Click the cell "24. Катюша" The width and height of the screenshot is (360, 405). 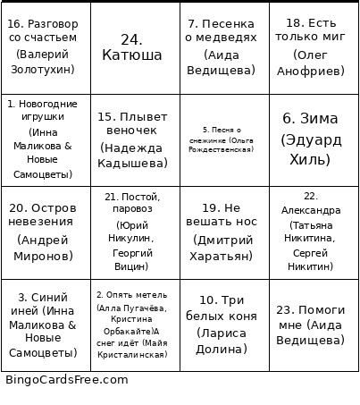click(135, 47)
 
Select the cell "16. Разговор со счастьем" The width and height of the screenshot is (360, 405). click(46, 47)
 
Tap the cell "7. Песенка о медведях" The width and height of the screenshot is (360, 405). click(224, 47)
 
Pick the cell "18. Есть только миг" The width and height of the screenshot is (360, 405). click(314, 47)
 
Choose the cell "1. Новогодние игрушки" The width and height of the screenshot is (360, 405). click(46, 139)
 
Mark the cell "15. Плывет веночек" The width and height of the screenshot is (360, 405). click(135, 139)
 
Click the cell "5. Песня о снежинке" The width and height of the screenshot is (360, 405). click(224, 139)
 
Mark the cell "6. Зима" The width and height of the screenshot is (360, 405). click(314, 139)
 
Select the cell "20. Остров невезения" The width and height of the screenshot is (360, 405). click(46, 232)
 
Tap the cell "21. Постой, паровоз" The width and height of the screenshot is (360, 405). click(135, 232)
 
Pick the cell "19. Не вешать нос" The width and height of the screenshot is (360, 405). click(224, 232)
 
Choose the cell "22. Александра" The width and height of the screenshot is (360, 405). click(314, 232)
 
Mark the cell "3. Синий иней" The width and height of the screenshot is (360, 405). click(46, 324)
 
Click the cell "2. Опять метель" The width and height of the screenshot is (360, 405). click(135, 324)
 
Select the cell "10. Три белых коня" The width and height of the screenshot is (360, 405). click(224, 324)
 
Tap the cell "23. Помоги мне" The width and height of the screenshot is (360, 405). click(314, 324)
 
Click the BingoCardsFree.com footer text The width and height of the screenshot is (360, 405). click(66, 380)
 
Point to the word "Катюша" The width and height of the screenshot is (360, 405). click(135, 55)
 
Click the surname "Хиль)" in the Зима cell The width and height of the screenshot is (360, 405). click(314, 161)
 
